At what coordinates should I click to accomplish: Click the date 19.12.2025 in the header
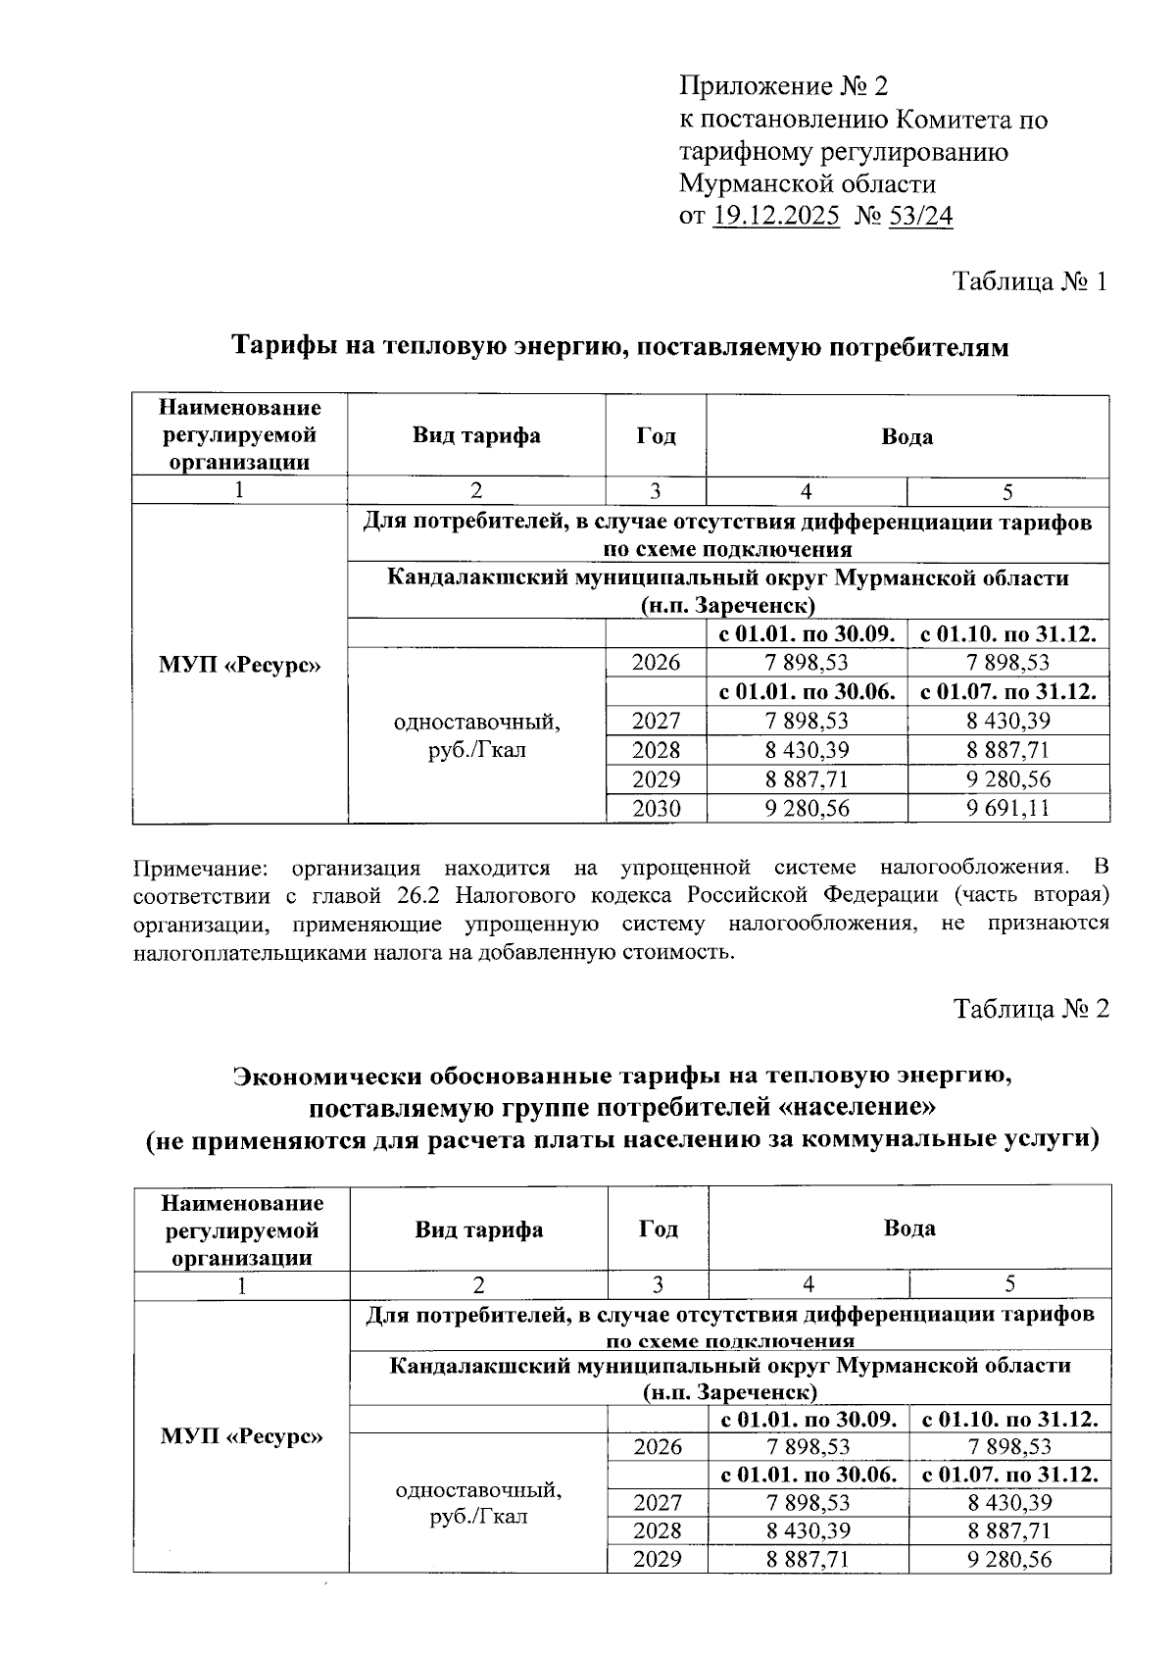[776, 216]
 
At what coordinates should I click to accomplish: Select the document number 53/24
[920, 216]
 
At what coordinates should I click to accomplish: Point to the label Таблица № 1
[1031, 282]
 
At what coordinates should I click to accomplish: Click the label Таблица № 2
[1031, 1009]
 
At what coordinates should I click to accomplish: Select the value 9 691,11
[1007, 809]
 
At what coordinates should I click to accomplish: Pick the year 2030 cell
[656, 809]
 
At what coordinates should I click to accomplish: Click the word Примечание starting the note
[197, 868]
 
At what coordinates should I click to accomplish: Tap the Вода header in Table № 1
[906, 436]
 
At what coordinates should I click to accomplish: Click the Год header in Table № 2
[658, 1228]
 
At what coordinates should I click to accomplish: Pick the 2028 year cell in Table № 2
[658, 1530]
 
